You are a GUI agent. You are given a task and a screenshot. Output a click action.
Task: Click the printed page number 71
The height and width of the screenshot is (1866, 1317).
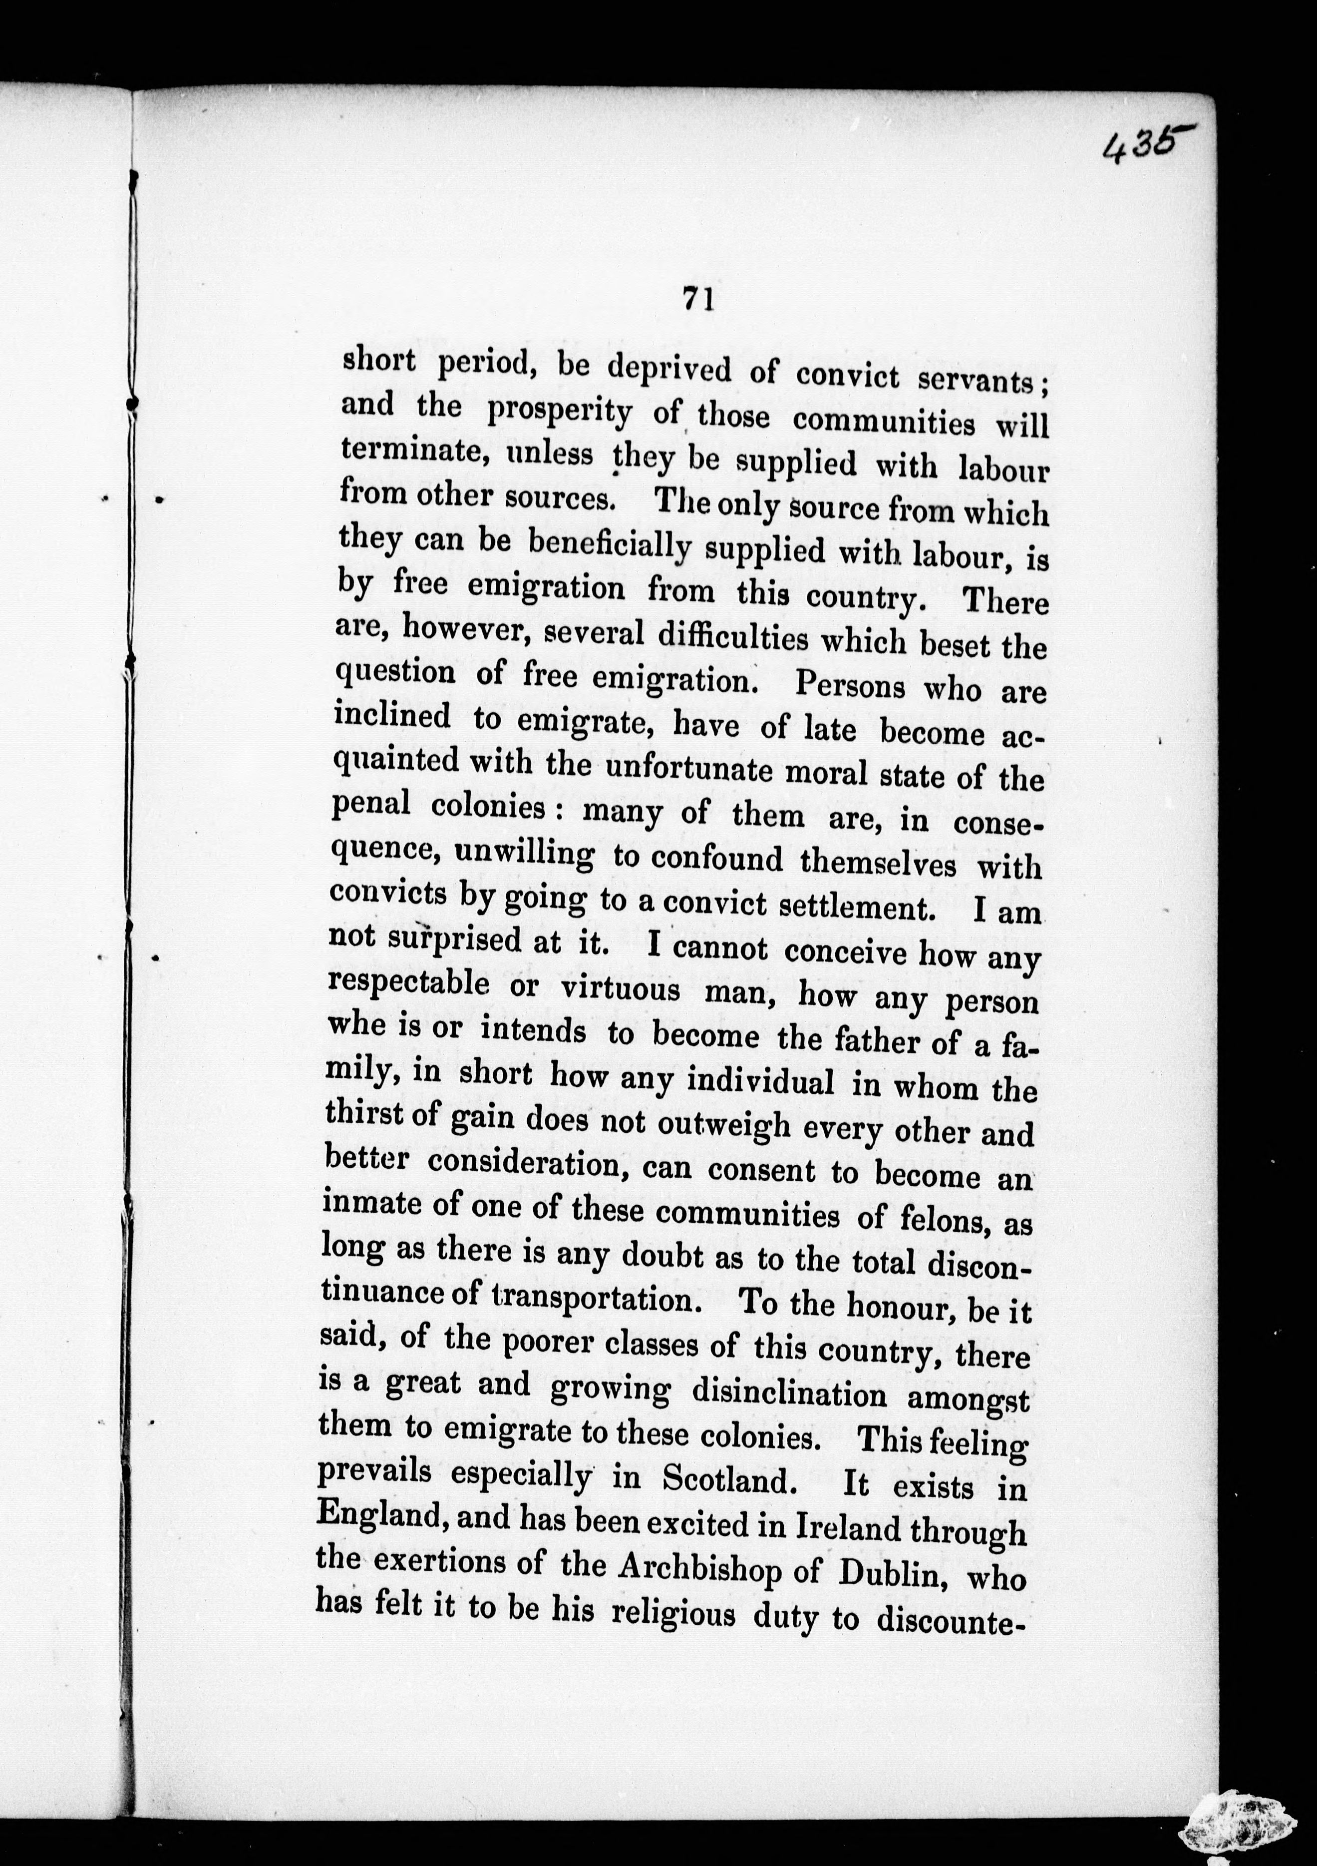(698, 300)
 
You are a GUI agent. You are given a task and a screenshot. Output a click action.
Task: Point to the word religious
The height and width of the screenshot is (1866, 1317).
(672, 1612)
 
